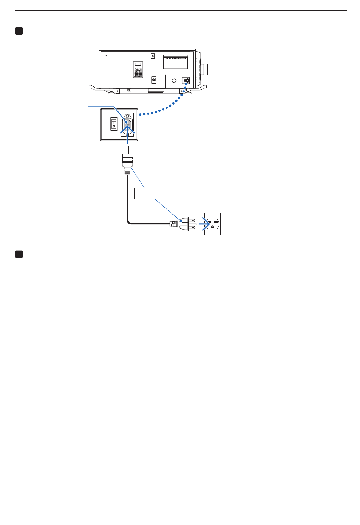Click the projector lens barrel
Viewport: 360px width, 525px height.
click(x=205, y=69)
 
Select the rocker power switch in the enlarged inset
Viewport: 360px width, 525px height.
click(x=114, y=124)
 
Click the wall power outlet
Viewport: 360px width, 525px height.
click(x=212, y=224)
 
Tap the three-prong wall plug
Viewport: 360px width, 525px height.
click(x=186, y=224)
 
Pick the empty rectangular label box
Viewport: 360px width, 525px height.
click(x=189, y=193)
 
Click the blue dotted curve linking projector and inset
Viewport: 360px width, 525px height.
click(x=163, y=109)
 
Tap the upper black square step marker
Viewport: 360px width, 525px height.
click(x=19, y=31)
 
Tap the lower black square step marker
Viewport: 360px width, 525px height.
click(x=19, y=254)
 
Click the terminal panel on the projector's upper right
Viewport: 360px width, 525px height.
click(x=175, y=62)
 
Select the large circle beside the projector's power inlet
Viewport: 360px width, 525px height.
click(x=174, y=81)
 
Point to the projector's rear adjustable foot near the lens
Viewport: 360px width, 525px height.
click(x=188, y=91)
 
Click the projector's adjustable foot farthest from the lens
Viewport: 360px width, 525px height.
click(x=111, y=91)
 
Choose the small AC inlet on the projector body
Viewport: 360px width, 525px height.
click(x=186, y=81)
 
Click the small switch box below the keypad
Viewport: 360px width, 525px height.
click(x=153, y=80)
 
